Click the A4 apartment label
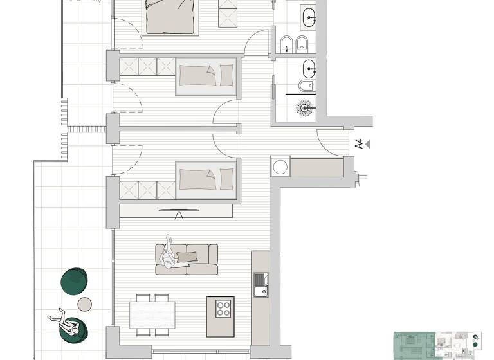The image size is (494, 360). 359,144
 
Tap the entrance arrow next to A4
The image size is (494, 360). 369,145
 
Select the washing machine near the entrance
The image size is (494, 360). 280,167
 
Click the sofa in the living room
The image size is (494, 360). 187,259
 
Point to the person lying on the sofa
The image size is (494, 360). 170,254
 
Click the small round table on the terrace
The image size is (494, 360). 85,303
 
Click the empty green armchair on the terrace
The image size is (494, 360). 75,280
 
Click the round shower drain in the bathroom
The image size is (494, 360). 304,107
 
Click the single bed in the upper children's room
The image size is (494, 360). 206,76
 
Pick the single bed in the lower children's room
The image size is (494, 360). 206,177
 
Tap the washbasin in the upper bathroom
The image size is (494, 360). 307,15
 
